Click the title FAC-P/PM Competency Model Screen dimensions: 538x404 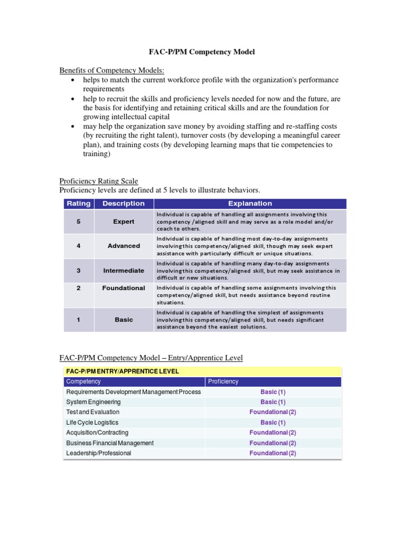coord(202,52)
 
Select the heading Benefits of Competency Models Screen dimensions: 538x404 coord(111,70)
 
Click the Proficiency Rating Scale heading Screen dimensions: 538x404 coord(98,181)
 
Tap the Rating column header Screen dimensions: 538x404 coord(78,203)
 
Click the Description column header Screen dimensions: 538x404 coord(124,203)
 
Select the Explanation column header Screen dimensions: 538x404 coord(250,203)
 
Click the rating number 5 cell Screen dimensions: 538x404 coord(78,222)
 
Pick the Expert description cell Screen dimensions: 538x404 coord(124,222)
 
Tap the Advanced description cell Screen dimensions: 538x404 coord(124,246)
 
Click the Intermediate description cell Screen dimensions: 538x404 coord(124,271)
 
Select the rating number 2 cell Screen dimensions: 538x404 coord(78,288)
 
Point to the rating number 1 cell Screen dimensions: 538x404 coord(78,319)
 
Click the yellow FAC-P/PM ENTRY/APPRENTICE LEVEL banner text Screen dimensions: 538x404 coord(123,371)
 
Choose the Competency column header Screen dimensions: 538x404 coord(82,381)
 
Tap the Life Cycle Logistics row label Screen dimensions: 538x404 coord(92,422)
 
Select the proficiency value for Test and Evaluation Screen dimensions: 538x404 coord(272,412)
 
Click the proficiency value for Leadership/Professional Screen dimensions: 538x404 coord(272,453)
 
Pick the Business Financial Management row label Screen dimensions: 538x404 coord(109,443)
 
